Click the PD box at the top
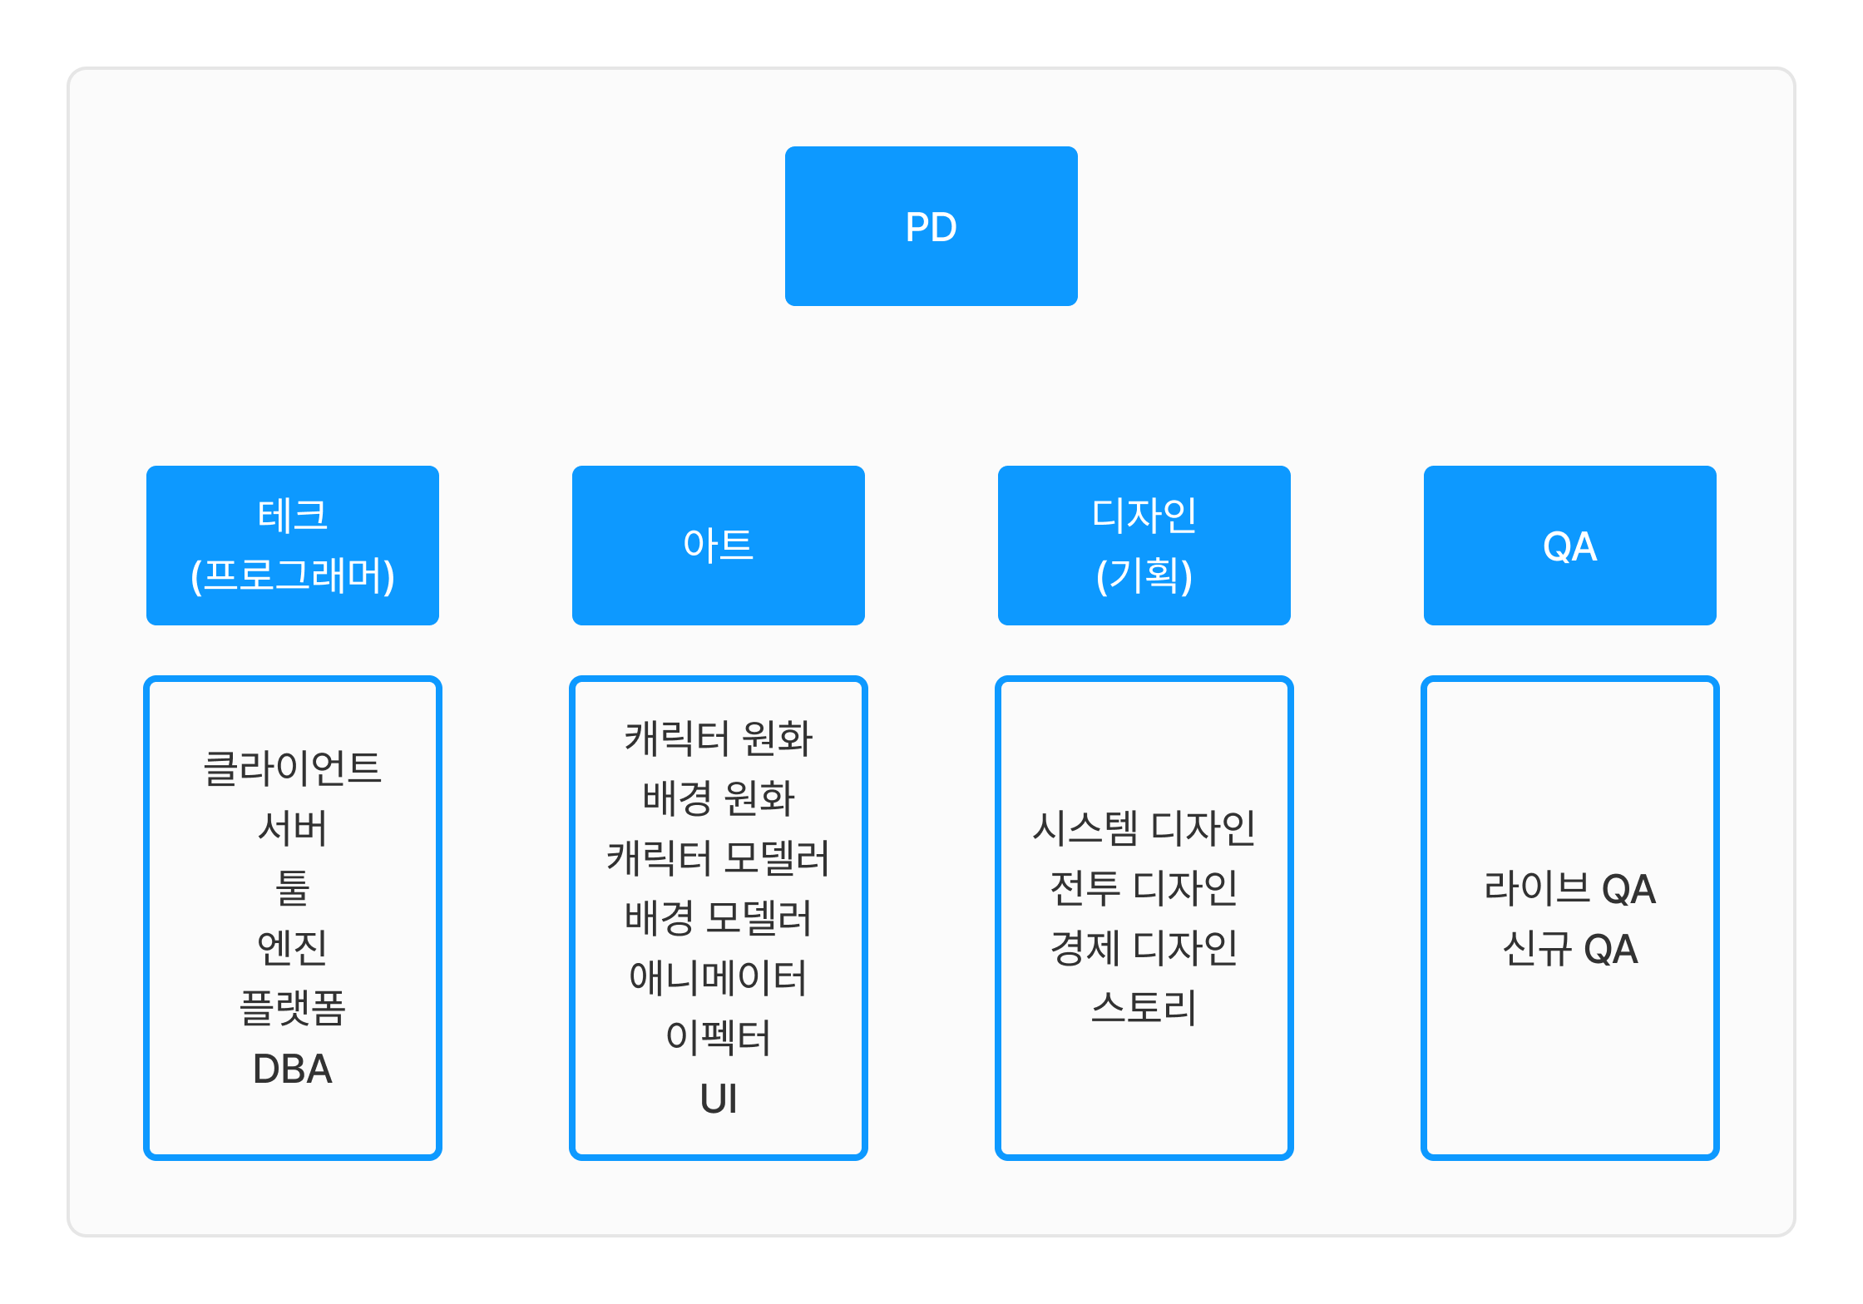tap(931, 226)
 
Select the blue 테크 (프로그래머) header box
tap(292, 545)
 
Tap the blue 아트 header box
tap(718, 545)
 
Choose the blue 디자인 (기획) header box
tap(1144, 545)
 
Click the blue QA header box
tap(1569, 545)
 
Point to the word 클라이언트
tap(292, 768)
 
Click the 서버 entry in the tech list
tap(292, 828)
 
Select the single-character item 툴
tap(292, 888)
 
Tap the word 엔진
tap(292, 948)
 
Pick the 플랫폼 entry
tap(292, 1009)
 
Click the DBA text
tap(292, 1069)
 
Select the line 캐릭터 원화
tap(718, 738)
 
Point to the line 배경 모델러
tap(718, 918)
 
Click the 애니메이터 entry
tap(718, 978)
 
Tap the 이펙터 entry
tap(718, 1039)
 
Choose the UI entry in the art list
tap(718, 1099)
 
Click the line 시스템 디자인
tap(1144, 828)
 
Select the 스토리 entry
tap(1144, 1009)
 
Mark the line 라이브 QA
tap(1569, 888)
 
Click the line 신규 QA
tap(1569, 949)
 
